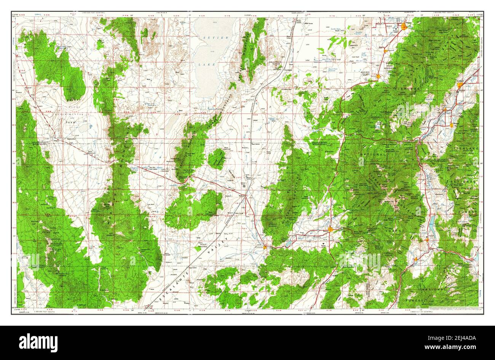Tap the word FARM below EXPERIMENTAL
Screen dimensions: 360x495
(x=70, y=122)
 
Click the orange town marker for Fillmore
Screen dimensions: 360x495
(x=405, y=26)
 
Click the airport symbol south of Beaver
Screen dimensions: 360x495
(x=324, y=243)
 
